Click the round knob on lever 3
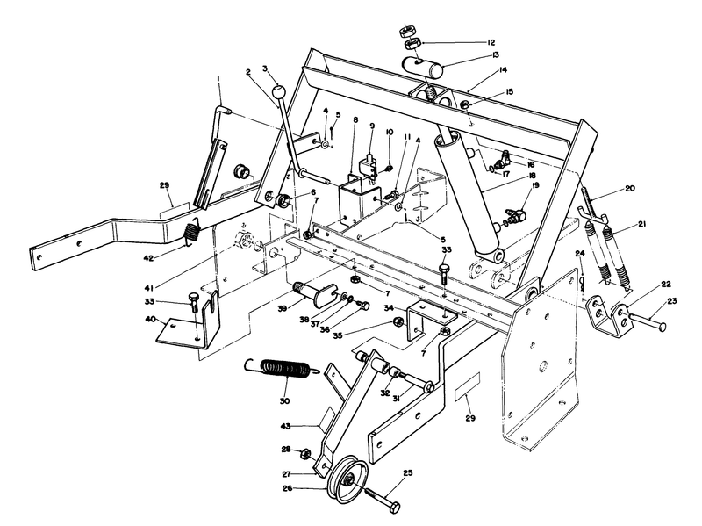click(x=278, y=90)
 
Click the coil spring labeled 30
click(x=283, y=371)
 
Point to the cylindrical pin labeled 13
click(x=429, y=65)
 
